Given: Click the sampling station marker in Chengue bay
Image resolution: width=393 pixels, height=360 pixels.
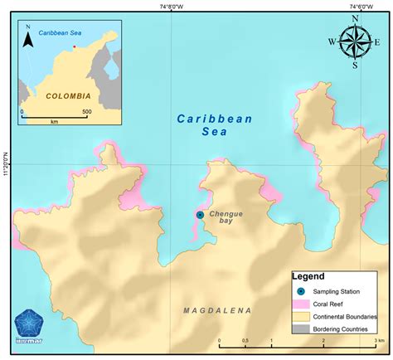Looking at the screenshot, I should pyautogui.click(x=200, y=215).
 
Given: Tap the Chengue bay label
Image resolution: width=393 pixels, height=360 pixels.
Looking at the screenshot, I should pyautogui.click(x=226, y=218).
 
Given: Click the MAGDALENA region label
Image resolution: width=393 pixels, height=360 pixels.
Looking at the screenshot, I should pyautogui.click(x=217, y=310).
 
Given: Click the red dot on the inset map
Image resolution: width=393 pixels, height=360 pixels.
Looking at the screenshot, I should pyautogui.click(x=74, y=47).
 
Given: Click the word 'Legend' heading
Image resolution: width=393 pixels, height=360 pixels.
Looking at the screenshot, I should pyautogui.click(x=308, y=276).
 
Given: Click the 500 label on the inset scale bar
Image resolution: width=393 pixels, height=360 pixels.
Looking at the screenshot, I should pyautogui.click(x=86, y=111).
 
